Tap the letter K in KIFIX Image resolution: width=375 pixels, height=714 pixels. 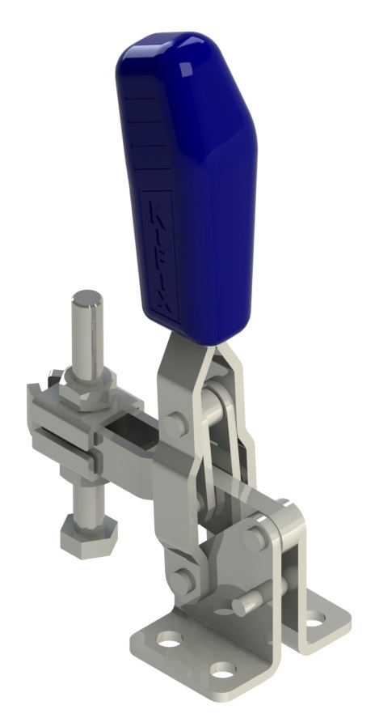tap(158, 208)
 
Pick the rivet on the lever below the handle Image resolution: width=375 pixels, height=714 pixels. tap(177, 422)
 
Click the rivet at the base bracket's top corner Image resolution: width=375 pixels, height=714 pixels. tap(257, 536)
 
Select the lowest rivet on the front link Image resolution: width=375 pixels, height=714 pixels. tap(181, 578)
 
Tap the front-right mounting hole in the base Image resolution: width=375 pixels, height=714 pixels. tap(224, 671)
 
